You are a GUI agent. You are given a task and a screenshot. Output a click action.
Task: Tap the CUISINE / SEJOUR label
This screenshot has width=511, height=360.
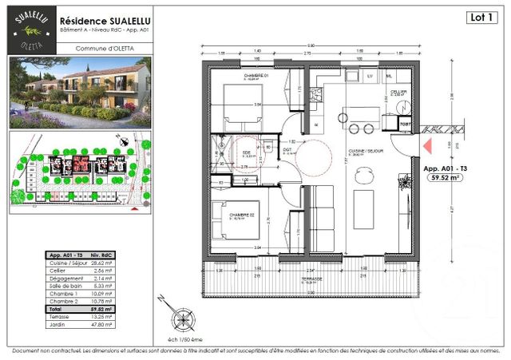coord(358,151)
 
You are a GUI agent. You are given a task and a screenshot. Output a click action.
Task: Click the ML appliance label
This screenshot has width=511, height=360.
coord(389,76)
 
